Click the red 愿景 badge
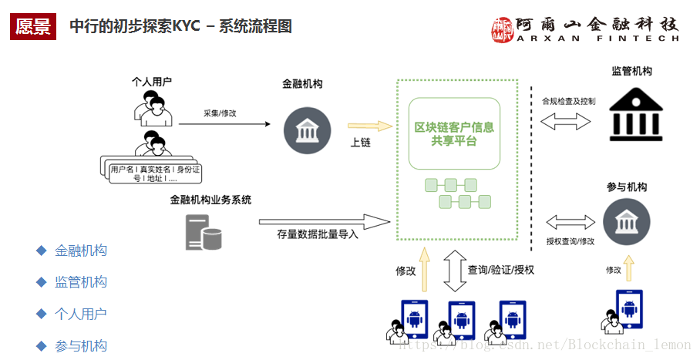coord(33,26)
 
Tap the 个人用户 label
coord(151,82)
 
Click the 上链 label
coord(361,143)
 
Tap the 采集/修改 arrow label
coord(220,113)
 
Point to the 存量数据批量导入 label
coord(318,234)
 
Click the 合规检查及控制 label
coord(568,101)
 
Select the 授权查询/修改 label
coord(570,241)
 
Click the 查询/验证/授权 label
coord(501,270)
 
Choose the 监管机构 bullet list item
coord(81,282)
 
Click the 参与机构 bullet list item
coord(81,346)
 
